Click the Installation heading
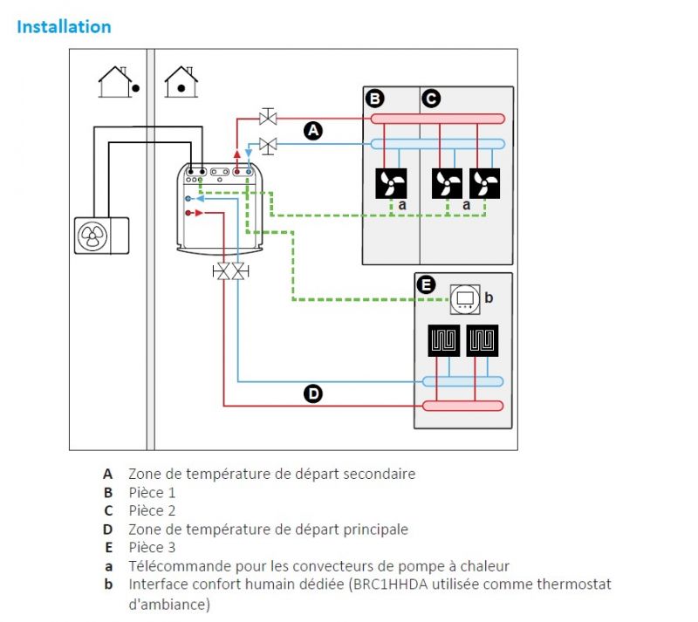[x=64, y=26]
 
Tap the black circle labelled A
[x=313, y=131]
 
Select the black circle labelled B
[x=374, y=99]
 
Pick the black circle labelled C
[x=430, y=99]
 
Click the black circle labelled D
[x=313, y=394]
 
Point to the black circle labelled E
[x=426, y=284]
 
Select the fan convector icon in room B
[x=390, y=183]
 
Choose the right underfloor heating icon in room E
[x=482, y=340]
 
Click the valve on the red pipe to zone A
[x=268, y=117]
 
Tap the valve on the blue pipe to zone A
[x=268, y=143]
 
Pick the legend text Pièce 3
[x=152, y=548]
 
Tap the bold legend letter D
[x=108, y=530]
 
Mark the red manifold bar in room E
[x=462, y=406]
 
